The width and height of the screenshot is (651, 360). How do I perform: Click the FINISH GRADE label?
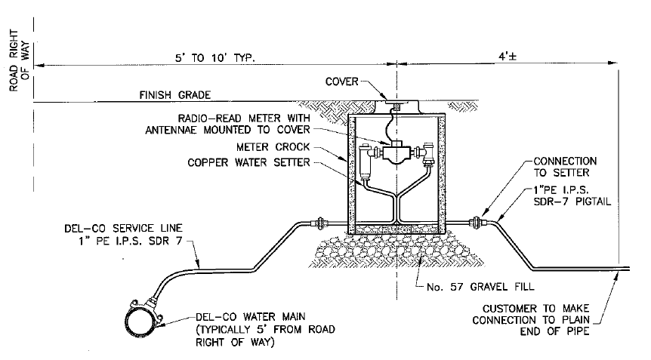point(174,95)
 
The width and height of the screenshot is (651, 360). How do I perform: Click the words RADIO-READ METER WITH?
point(242,118)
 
